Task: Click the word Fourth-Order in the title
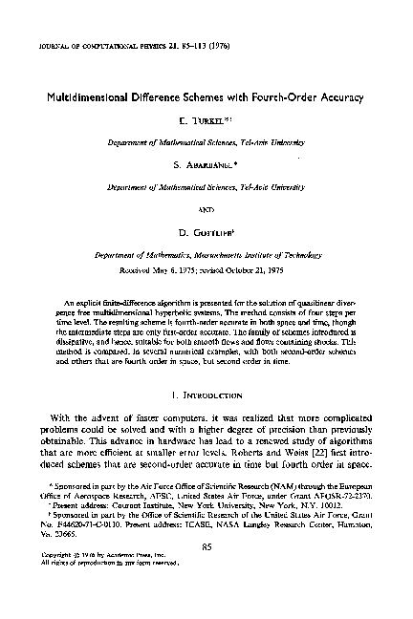coord(286,97)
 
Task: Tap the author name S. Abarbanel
coord(206,164)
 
